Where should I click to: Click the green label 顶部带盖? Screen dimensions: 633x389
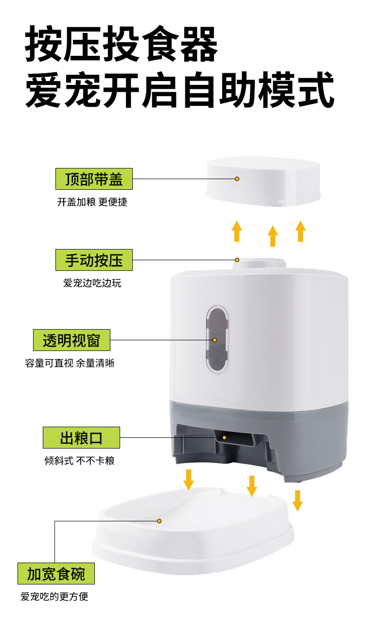pyautogui.click(x=94, y=179)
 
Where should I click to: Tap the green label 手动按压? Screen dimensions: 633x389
pyautogui.click(x=94, y=260)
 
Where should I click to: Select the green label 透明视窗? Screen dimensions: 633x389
pyautogui.click(x=71, y=340)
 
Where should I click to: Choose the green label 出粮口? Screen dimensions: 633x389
pyautogui.click(x=81, y=437)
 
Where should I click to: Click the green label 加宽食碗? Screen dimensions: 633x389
pyautogui.click(x=56, y=574)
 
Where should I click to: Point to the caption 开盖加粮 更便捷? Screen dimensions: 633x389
pyautogui.click(x=92, y=202)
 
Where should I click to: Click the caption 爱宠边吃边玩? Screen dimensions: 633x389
pyautogui.click(x=92, y=283)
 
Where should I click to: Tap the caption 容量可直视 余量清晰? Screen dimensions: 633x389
pyautogui.click(x=70, y=363)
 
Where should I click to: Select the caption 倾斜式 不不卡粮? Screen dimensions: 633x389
pyautogui.click(x=79, y=460)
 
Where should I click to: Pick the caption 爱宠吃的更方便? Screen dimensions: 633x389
pyautogui.click(x=54, y=597)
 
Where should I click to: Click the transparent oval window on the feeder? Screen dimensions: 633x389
pyautogui.click(x=217, y=339)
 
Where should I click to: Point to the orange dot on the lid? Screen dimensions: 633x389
pyautogui.click(x=237, y=179)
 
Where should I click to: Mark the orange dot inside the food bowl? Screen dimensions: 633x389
pyautogui.click(x=159, y=521)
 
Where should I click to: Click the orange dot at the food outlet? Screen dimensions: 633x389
pyautogui.click(x=225, y=437)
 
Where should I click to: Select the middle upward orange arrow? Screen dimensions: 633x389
pyautogui.click(x=273, y=235)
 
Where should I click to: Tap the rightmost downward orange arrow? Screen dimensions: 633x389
pyautogui.click(x=298, y=500)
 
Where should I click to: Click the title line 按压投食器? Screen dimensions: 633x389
pyautogui.click(x=121, y=45)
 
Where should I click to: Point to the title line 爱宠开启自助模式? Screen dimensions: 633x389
pyautogui.click(x=179, y=90)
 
